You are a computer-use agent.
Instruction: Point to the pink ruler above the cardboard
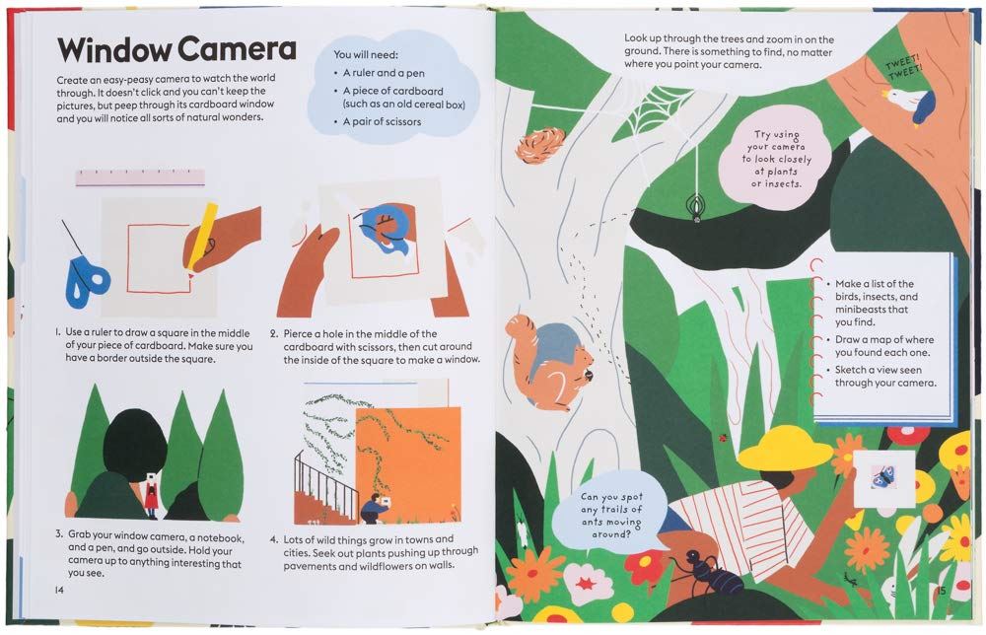point(140,177)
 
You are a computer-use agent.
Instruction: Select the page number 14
point(59,590)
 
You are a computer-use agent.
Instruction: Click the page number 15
point(941,591)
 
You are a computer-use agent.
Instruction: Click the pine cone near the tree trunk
point(540,145)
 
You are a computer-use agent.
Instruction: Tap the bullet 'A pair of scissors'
point(382,121)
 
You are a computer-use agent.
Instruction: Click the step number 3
point(59,533)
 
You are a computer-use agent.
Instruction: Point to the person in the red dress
point(151,494)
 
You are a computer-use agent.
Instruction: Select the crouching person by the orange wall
point(375,509)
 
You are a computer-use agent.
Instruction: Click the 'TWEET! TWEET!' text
point(904,67)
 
